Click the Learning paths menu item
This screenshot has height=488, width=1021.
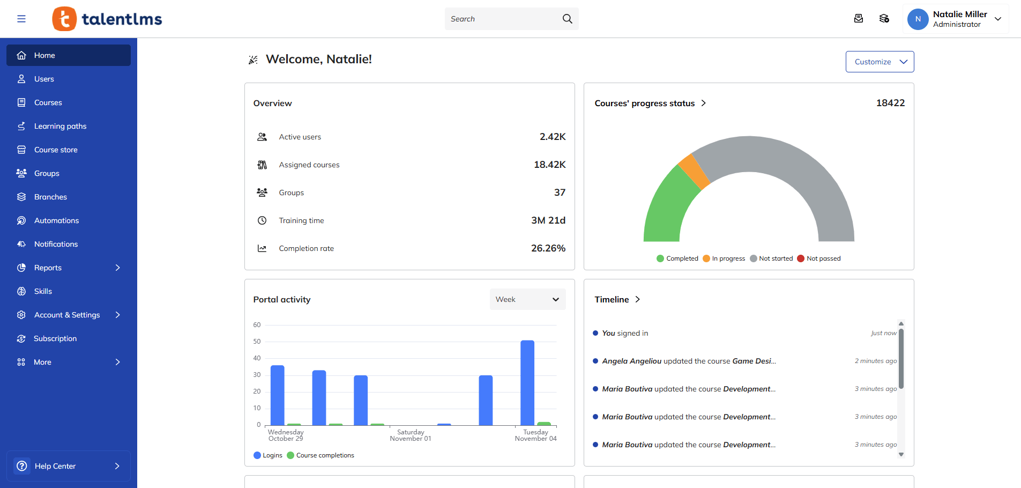click(60, 126)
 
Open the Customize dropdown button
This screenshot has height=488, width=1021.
click(880, 62)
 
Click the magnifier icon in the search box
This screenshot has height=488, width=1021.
click(567, 19)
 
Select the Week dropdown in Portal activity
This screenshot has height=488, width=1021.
click(527, 299)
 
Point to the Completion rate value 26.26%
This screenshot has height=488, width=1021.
click(548, 248)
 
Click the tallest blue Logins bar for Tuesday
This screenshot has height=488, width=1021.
click(527, 382)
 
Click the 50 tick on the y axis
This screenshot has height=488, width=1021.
click(257, 342)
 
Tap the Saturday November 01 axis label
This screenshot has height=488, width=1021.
click(411, 435)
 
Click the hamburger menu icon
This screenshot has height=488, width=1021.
click(21, 19)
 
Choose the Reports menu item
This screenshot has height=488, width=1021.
click(48, 268)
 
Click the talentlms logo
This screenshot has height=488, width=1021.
click(107, 19)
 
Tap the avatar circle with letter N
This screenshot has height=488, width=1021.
click(918, 19)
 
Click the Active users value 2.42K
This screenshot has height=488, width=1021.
click(552, 137)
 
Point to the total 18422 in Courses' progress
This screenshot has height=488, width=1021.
click(890, 103)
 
